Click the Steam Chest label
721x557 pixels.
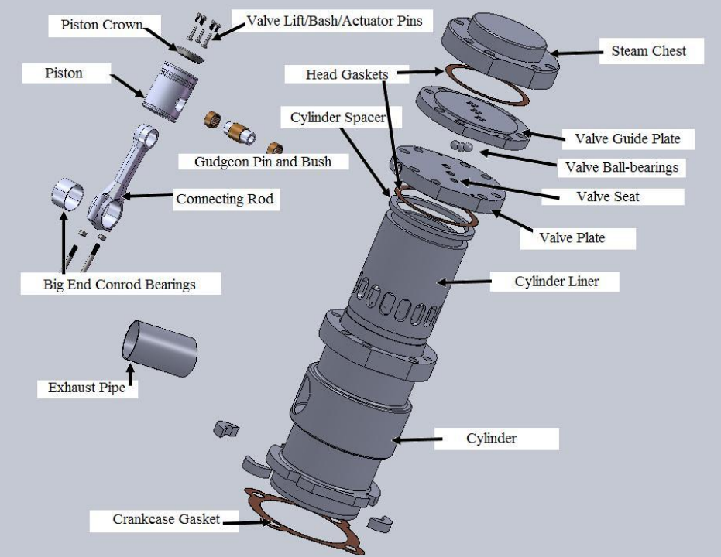point(647,52)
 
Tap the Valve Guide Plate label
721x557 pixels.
point(627,138)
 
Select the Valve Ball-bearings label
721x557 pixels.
point(621,167)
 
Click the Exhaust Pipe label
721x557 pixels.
point(87,387)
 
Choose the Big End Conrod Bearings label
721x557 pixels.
point(119,284)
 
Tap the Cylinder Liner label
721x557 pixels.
point(555,282)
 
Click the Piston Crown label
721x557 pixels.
point(101,25)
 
